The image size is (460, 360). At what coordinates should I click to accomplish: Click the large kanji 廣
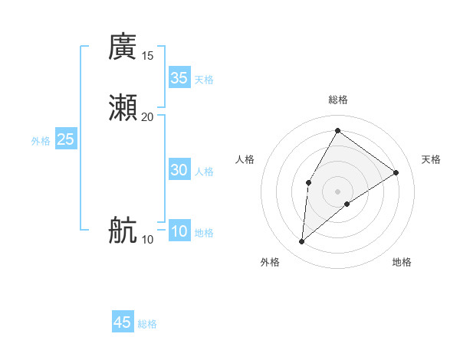click(x=123, y=47)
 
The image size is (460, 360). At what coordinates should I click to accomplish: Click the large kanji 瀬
click(x=123, y=108)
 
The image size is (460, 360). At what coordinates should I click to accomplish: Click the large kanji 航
click(x=123, y=231)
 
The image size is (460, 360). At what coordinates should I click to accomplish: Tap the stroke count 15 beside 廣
click(x=148, y=56)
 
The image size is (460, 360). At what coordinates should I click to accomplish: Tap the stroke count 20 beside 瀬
click(x=148, y=116)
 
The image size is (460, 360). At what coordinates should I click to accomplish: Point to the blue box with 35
click(x=179, y=78)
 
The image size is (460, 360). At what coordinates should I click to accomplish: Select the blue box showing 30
click(x=179, y=171)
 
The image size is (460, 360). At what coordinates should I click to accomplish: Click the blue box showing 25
click(x=66, y=139)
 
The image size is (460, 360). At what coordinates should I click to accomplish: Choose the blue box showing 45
click(x=123, y=322)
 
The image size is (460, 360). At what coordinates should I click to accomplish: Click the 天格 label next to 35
click(x=204, y=80)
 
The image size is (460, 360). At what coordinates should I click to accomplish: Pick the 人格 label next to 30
click(x=204, y=172)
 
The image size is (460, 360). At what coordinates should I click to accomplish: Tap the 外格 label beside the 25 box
click(x=41, y=141)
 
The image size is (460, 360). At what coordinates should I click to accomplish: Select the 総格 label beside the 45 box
click(x=147, y=324)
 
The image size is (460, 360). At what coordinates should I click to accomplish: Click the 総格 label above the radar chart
click(x=337, y=100)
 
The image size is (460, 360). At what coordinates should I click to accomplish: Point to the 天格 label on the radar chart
click(x=431, y=159)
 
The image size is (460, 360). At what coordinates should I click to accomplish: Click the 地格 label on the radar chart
click(x=402, y=262)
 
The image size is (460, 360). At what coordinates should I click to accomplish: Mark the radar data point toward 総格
click(x=337, y=130)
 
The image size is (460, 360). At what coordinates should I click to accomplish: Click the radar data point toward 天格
click(x=396, y=172)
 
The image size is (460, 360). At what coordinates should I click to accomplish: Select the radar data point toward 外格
click(x=302, y=242)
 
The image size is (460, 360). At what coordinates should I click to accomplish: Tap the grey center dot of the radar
click(x=337, y=191)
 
